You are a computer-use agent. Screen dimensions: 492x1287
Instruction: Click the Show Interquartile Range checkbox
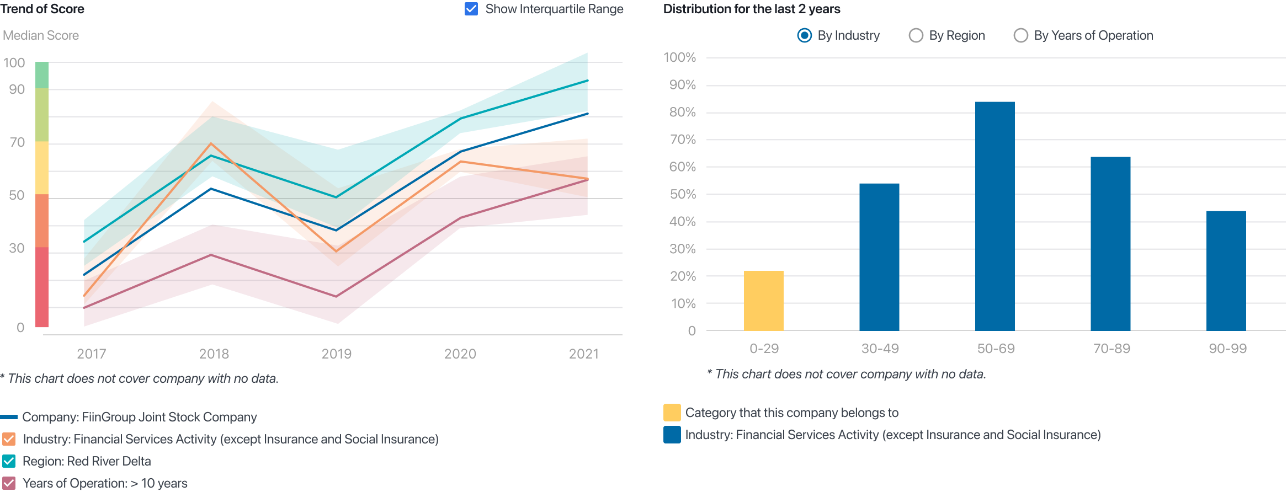coord(471,9)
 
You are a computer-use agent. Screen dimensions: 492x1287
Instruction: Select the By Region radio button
coord(916,35)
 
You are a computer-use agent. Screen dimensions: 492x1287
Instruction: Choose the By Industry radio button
coord(805,35)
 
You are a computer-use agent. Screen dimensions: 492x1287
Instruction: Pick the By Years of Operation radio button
coord(1020,35)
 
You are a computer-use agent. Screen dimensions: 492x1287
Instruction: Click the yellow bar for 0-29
coord(763,301)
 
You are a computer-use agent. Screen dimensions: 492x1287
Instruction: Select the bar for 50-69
coord(995,216)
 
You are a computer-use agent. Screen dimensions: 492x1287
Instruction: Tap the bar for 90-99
coord(1226,270)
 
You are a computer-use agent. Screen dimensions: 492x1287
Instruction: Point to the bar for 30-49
coord(879,257)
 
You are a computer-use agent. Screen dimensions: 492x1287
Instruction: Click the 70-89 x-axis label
coord(1111,349)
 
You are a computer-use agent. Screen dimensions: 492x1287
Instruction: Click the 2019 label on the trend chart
coord(337,354)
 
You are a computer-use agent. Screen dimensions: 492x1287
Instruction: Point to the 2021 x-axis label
coord(583,354)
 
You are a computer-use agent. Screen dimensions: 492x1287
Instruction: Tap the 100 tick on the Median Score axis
coord(14,63)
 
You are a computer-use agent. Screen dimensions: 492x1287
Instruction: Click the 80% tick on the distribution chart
coord(682,113)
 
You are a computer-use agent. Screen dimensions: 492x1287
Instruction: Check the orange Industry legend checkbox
coord(9,440)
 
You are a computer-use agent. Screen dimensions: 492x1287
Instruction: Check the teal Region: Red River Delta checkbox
coord(9,461)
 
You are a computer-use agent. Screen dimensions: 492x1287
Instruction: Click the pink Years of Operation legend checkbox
coord(9,484)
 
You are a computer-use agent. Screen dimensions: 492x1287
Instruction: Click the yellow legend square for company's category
coord(672,413)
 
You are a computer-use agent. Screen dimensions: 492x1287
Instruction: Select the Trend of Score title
coord(42,9)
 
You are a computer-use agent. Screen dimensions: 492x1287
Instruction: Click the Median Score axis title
coord(41,35)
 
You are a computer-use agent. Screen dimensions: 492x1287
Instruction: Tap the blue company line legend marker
coord(9,417)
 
